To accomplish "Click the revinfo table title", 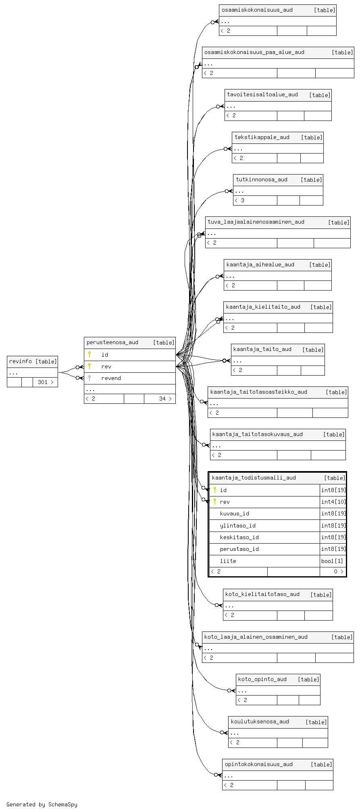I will click(x=21, y=361).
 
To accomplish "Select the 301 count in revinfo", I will click(x=43, y=382).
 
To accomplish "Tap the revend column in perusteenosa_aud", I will click(x=111, y=378).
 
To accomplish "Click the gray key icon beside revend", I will click(x=89, y=378).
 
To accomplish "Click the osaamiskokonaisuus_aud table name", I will click(x=257, y=10).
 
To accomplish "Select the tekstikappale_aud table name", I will click(x=262, y=137).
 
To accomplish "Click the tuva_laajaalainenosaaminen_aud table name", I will click(x=256, y=222).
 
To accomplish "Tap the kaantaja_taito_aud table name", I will click(x=262, y=349).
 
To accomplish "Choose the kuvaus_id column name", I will click(x=234, y=513).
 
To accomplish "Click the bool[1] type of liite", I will click(x=332, y=561).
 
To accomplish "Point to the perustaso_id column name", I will click(x=239, y=549).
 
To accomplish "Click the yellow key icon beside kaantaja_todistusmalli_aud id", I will click(x=215, y=490).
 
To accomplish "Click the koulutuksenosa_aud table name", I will click(x=260, y=721).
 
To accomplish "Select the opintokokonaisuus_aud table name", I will click(x=258, y=764).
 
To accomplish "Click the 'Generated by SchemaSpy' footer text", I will click(x=42, y=804).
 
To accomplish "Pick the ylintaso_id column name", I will click(x=237, y=525).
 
